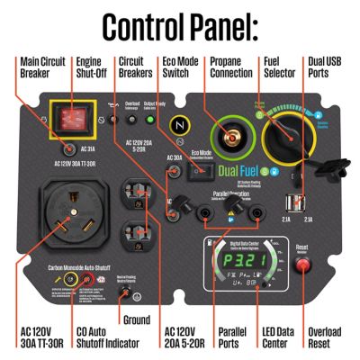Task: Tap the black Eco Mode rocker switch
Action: pyautogui.click(x=202, y=170)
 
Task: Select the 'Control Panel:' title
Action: pyautogui.click(x=180, y=26)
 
